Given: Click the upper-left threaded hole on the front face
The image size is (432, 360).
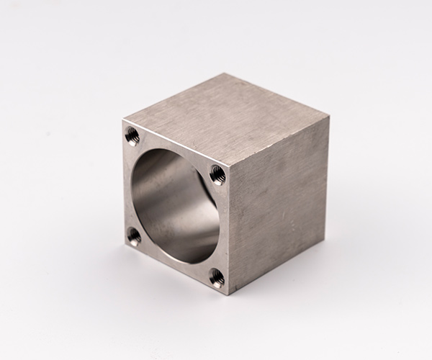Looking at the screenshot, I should (132, 134).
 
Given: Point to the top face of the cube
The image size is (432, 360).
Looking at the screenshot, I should (230, 119).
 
